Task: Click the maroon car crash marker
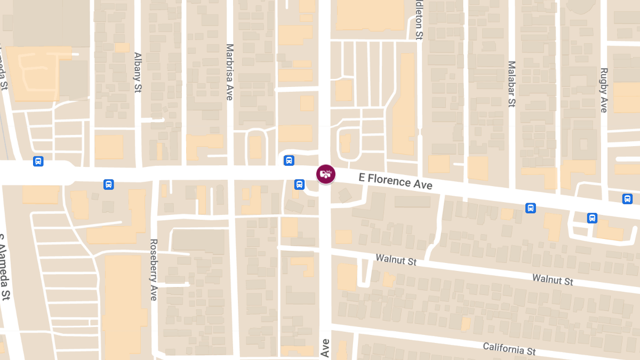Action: click(326, 173)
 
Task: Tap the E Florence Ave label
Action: click(395, 181)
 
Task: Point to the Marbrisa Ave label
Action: click(230, 72)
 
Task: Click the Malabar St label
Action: click(511, 84)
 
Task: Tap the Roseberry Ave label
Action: click(154, 269)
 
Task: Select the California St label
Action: click(509, 349)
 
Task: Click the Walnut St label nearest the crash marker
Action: click(396, 260)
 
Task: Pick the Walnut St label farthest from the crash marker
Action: click(552, 279)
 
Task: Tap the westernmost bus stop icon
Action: click(38, 161)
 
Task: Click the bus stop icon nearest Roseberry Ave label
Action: click(108, 185)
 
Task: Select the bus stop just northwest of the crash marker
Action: click(289, 160)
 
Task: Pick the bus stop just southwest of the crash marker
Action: click(299, 185)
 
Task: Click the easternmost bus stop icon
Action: click(627, 199)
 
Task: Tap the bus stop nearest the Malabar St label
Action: click(530, 208)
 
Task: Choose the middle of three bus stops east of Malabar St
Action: click(592, 218)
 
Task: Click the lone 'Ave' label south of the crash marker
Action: click(325, 348)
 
